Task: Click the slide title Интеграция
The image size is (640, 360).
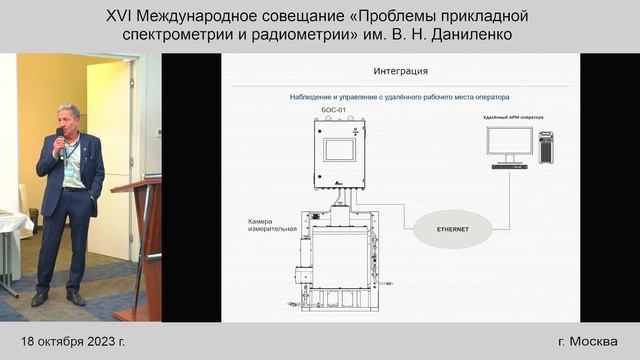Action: pyautogui.click(x=400, y=71)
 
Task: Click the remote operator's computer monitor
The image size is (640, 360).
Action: pyautogui.click(x=509, y=143)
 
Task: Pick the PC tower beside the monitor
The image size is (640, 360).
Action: pyautogui.click(x=546, y=147)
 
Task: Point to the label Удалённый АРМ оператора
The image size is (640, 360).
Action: pyautogui.click(x=514, y=117)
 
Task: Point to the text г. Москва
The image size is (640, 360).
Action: pyautogui.click(x=589, y=341)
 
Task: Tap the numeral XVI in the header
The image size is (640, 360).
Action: pyautogui.click(x=123, y=15)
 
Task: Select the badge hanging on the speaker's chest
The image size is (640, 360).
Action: pyautogui.click(x=71, y=171)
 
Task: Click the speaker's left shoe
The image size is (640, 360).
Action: pyautogui.click(x=76, y=299)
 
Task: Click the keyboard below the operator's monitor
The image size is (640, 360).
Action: pyautogui.click(x=509, y=166)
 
